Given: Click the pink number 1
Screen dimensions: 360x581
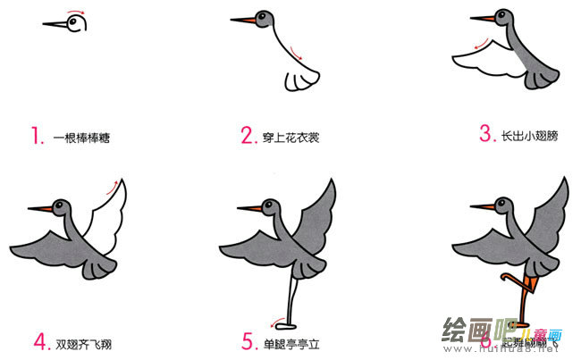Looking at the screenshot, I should tap(37, 137).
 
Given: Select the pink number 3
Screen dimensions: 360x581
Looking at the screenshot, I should tap(485, 135).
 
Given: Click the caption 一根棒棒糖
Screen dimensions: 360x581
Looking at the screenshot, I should tap(87, 138).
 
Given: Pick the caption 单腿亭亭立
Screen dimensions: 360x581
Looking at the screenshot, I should tap(296, 342).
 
